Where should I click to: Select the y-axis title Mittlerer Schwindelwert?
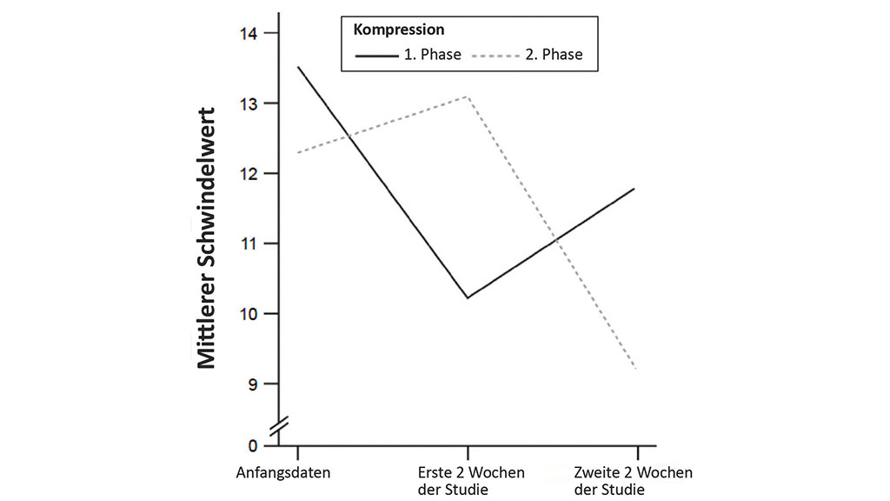pos(207,238)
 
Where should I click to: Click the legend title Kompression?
pos(399,30)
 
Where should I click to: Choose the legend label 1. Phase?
pos(432,55)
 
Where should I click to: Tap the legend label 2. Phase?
pos(554,55)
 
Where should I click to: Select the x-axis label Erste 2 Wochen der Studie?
pos(470,481)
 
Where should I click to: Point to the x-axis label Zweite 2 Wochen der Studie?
pos(634,481)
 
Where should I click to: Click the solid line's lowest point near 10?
pos(468,298)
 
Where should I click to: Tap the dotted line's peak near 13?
pos(468,97)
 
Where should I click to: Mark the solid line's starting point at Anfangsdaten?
pos(298,67)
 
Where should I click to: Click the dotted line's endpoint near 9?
pos(637,369)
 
